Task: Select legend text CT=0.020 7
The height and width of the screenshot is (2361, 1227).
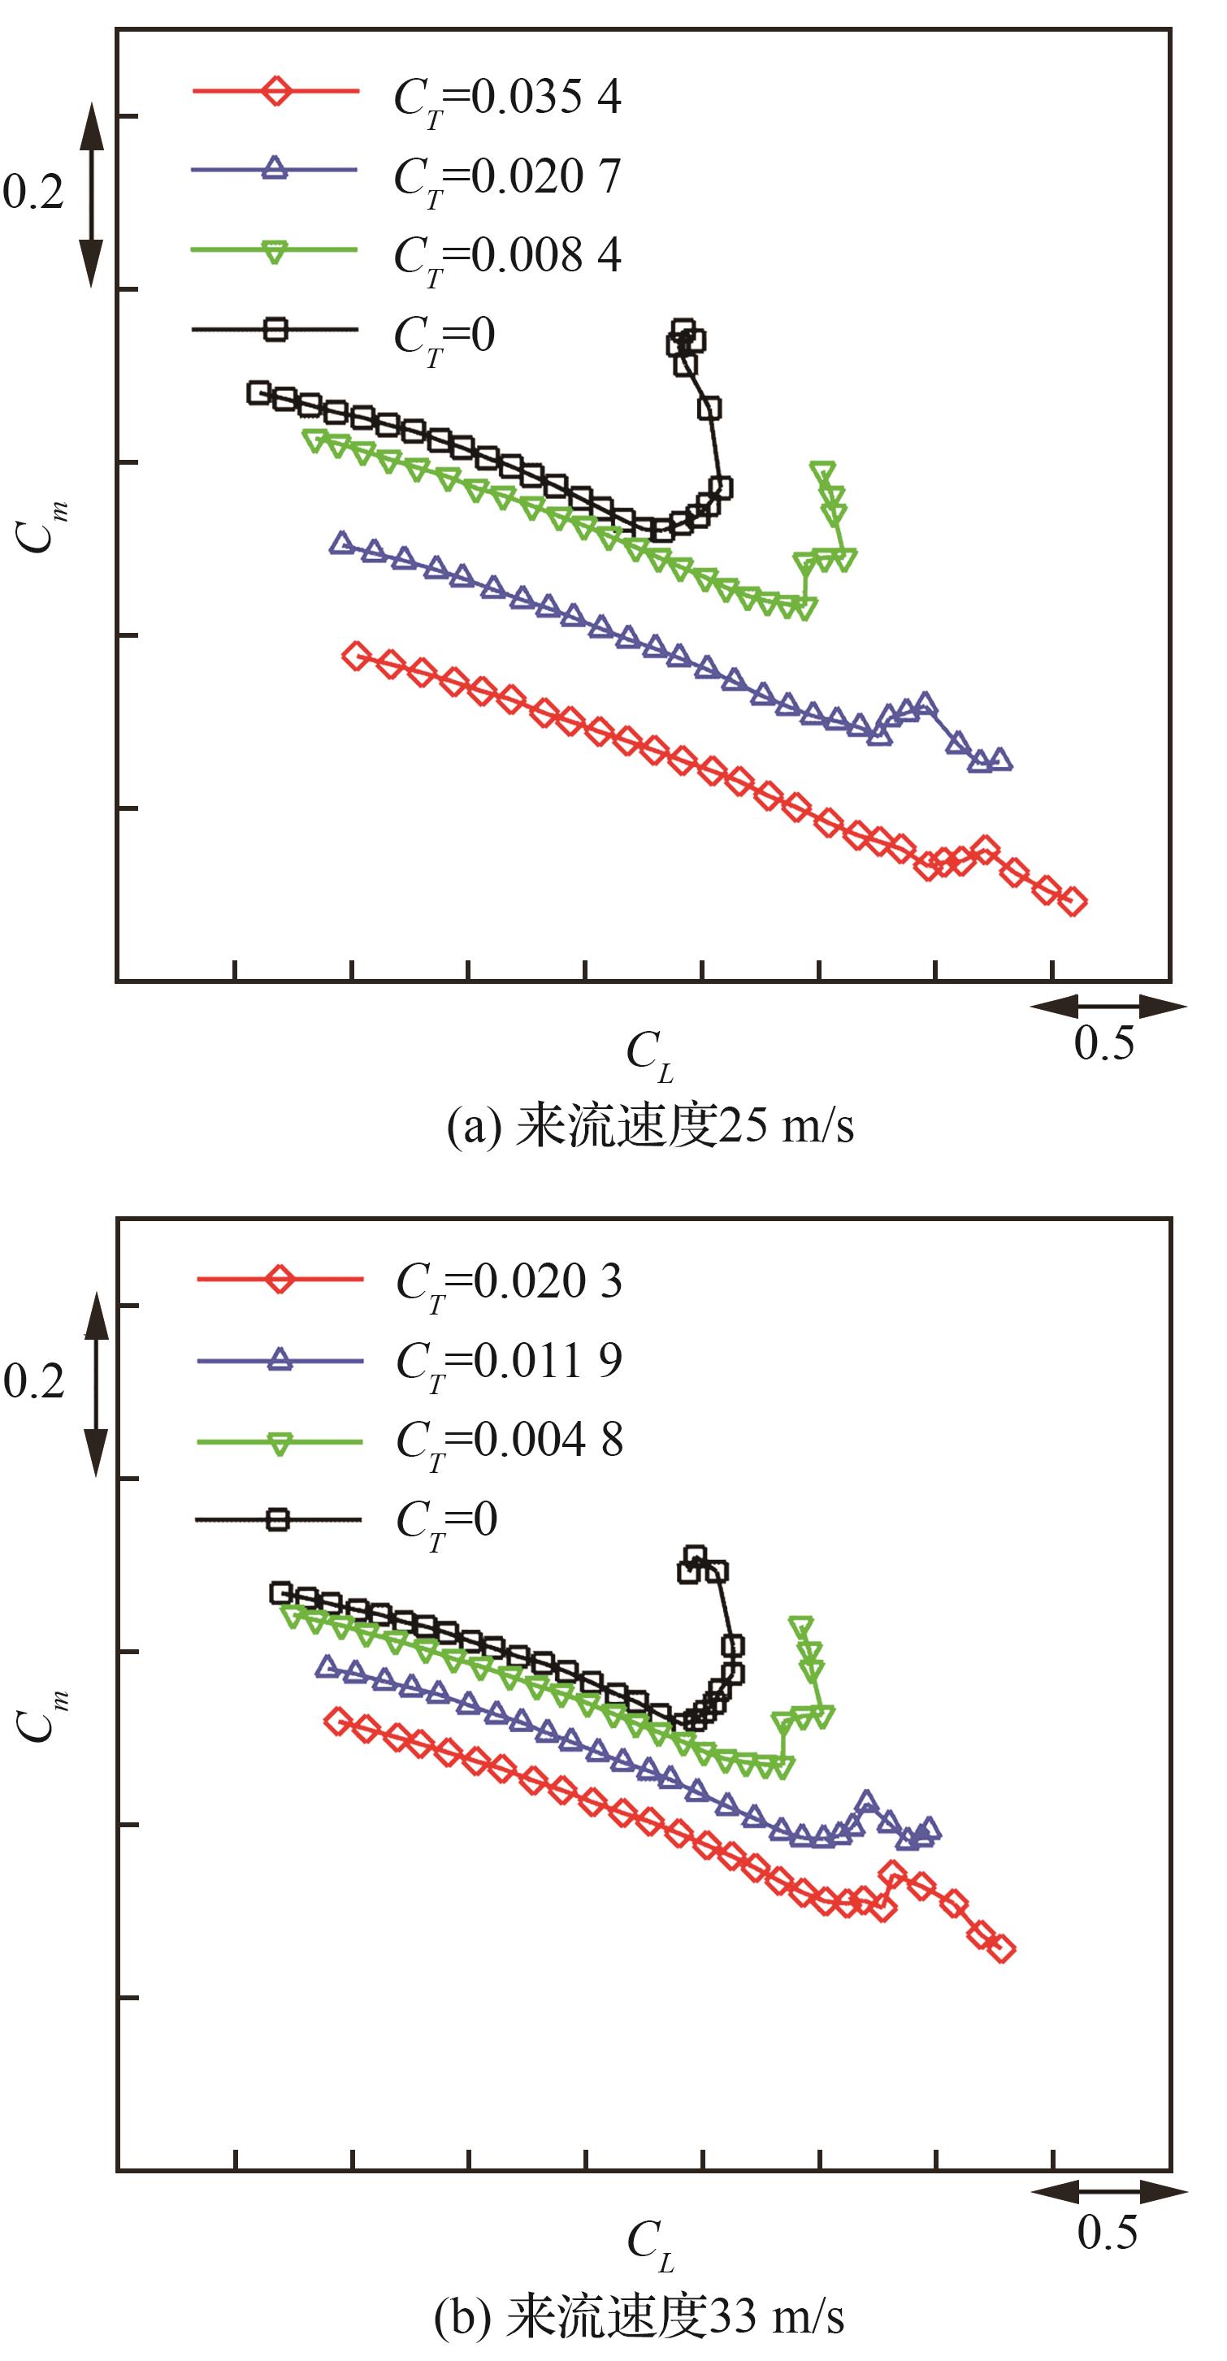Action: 507,176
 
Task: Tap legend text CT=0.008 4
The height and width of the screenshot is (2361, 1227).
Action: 507,255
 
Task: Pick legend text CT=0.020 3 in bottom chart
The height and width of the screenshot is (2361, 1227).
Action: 509,1281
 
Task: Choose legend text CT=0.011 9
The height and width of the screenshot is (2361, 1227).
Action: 509,1360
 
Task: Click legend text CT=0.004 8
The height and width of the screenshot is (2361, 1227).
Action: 509,1440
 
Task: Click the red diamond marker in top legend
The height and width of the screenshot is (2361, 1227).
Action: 275,91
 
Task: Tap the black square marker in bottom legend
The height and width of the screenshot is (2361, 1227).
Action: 279,1519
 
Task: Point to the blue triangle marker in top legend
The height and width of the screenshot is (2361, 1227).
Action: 275,169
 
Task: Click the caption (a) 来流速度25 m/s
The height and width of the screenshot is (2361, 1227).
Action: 650,1126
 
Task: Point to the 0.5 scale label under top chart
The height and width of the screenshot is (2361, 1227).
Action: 1103,1043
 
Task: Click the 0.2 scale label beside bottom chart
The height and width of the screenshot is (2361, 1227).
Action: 34,1380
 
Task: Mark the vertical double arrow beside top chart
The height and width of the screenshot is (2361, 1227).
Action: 91,194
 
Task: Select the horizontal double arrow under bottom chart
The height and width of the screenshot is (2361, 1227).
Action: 1109,2191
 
